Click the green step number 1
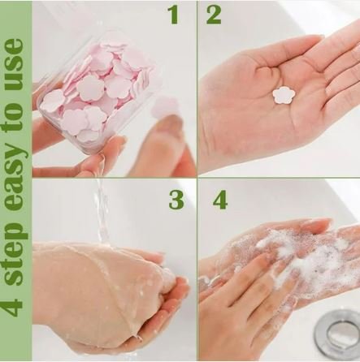coord(172,15)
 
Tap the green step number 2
coord(213,15)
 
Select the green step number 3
coord(176,200)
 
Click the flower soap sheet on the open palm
coord(283,96)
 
